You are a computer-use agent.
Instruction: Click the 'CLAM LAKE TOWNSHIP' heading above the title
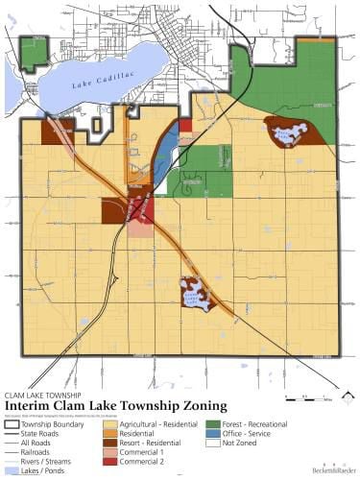pyautogui.click(x=44, y=395)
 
